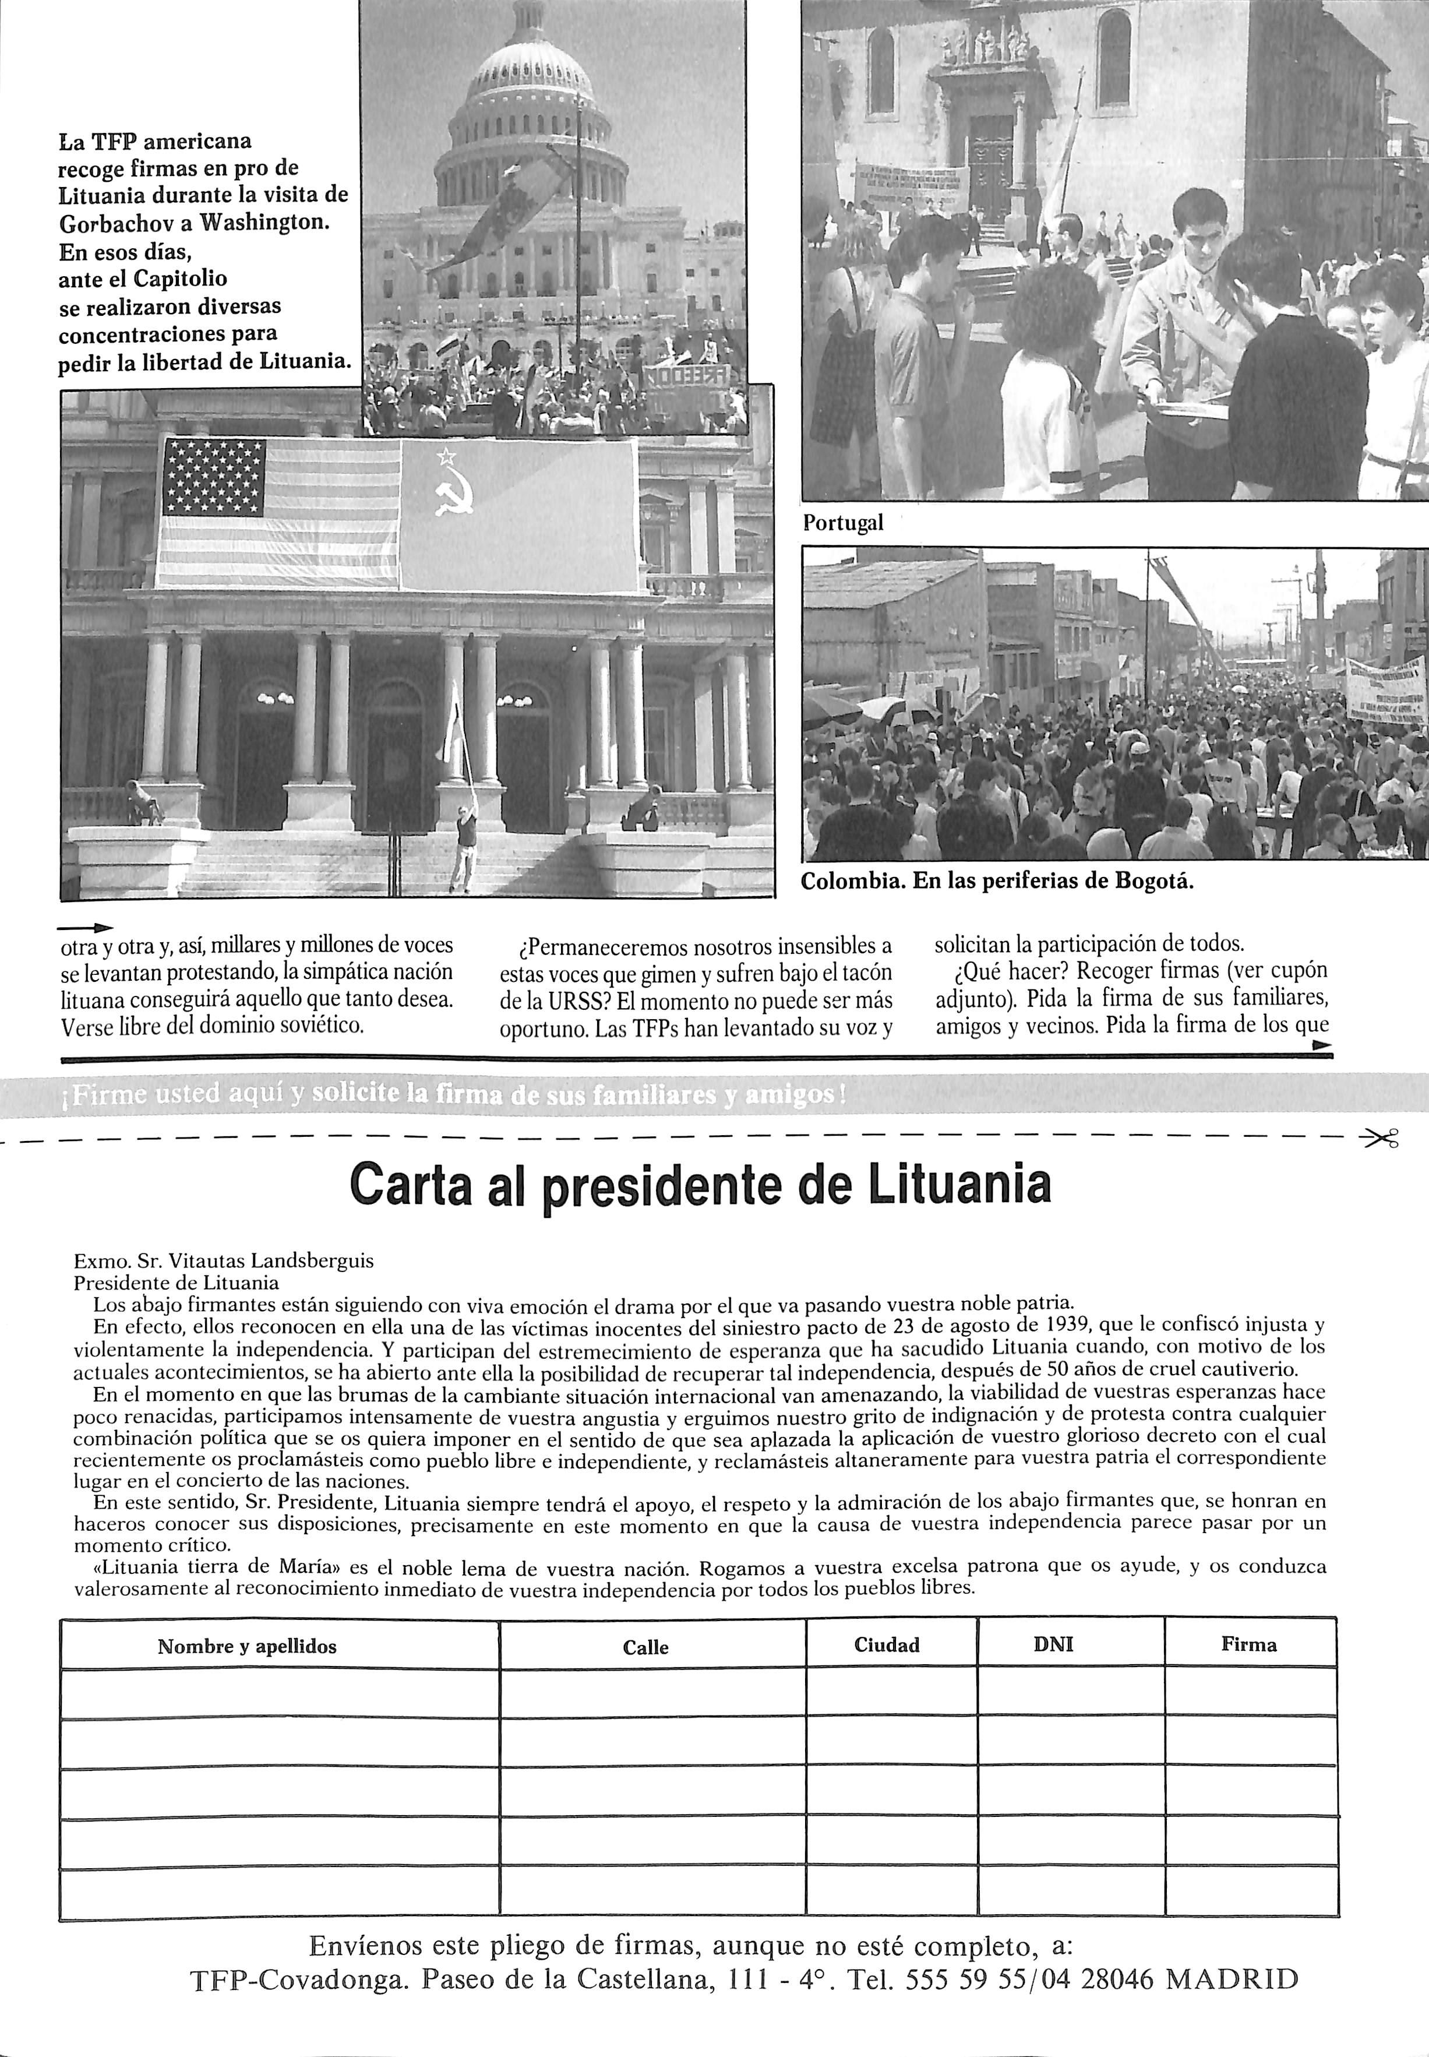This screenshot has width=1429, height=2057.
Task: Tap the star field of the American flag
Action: [x=214, y=477]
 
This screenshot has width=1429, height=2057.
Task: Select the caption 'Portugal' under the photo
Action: [x=842, y=523]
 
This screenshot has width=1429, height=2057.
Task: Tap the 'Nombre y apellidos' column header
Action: [x=247, y=1646]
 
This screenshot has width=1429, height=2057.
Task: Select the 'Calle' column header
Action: [x=645, y=1647]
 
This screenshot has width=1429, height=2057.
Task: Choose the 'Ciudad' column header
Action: [x=887, y=1645]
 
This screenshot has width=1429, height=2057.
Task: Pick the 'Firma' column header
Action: [x=1248, y=1644]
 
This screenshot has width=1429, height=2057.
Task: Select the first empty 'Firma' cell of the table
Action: [x=1250, y=1693]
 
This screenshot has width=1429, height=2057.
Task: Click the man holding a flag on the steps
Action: [x=463, y=842]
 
